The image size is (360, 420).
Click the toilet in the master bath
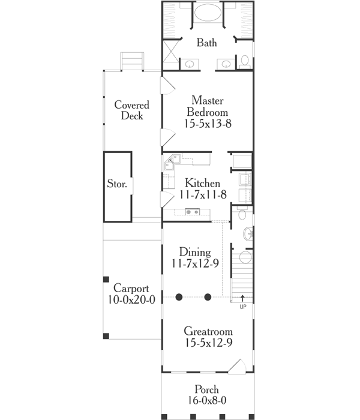pyautogui.click(x=245, y=61)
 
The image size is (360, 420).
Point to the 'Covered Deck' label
pyautogui.click(x=131, y=110)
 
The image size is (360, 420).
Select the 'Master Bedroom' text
pyautogui.click(x=208, y=106)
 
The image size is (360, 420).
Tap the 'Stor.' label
pyautogui.click(x=116, y=184)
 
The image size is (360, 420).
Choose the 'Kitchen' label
pyautogui.click(x=202, y=183)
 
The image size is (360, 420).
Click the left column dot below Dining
pyautogui.click(x=179, y=297)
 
